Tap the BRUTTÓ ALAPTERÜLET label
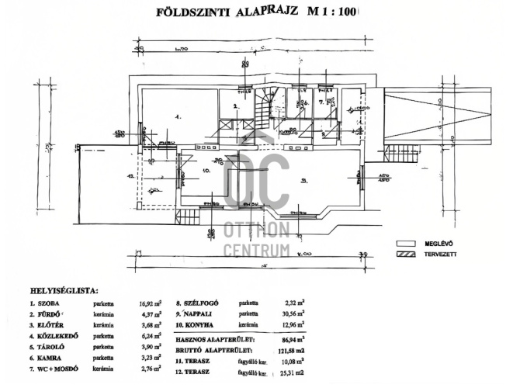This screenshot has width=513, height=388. (218, 350)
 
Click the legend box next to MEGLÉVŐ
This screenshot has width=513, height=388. (406, 243)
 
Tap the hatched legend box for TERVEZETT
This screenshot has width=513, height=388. (406, 254)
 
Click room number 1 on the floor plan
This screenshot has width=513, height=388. (178, 116)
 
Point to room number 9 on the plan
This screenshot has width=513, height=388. (304, 181)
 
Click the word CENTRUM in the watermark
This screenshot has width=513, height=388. (256, 250)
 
